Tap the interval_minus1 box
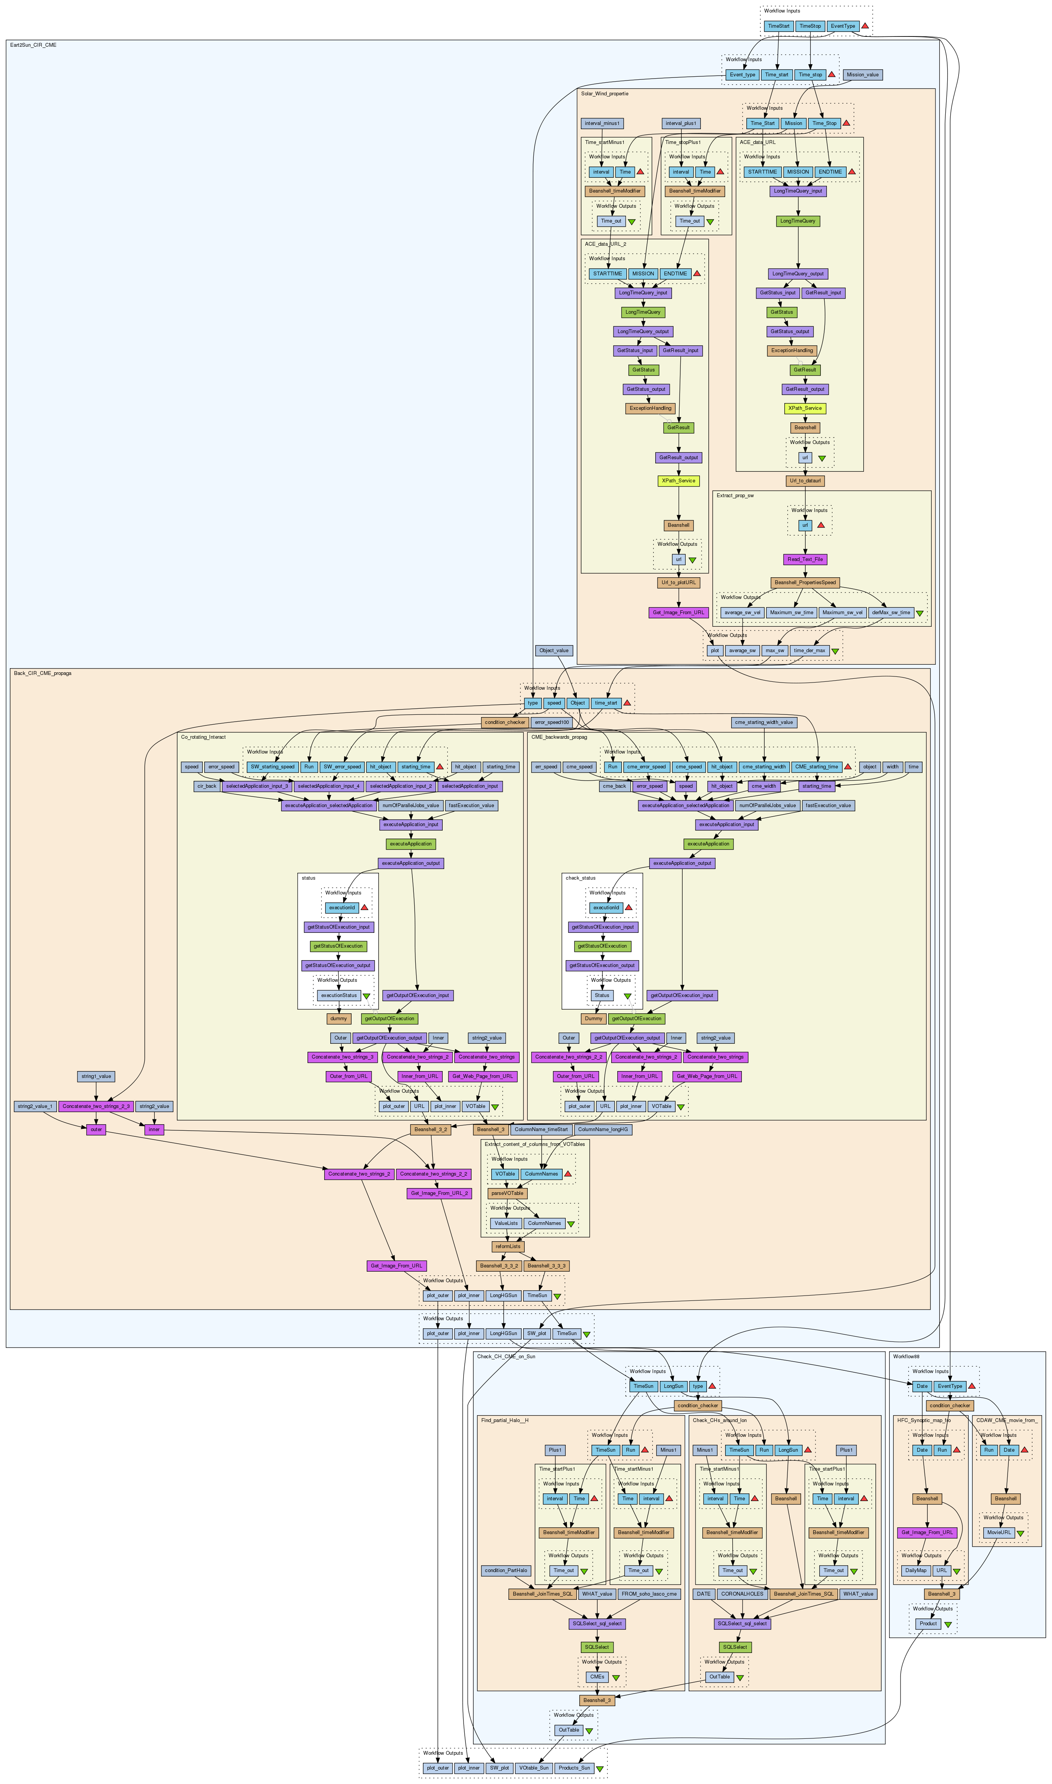pyautogui.click(x=602, y=123)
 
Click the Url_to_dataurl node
pyautogui.click(x=805, y=481)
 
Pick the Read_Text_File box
pyautogui.click(x=805, y=559)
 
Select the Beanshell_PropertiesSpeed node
pyautogui.click(x=805, y=583)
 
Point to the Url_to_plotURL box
pyautogui.click(x=678, y=583)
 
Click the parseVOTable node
pyautogui.click(x=507, y=1193)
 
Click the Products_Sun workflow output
pyautogui.click(x=574, y=1768)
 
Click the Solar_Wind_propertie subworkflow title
pyautogui.click(x=605, y=93)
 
